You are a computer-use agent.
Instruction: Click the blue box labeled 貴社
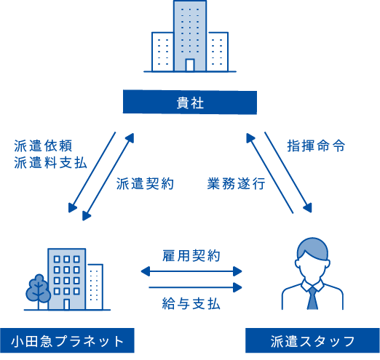(190, 102)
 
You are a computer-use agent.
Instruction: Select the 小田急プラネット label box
(67, 340)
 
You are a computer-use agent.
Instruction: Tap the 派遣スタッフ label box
(312, 340)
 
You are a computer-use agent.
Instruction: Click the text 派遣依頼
(43, 146)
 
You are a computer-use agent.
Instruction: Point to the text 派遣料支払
(50, 162)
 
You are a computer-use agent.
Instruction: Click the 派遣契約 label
(145, 183)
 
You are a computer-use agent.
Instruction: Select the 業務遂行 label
(236, 183)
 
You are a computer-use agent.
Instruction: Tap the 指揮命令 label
(316, 146)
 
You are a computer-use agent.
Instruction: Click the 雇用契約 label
(191, 256)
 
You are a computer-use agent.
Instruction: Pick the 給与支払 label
(191, 304)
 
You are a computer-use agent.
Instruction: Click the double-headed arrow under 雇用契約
(191, 271)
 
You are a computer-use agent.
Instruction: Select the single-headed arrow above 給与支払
(195, 287)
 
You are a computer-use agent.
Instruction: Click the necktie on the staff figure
(312, 299)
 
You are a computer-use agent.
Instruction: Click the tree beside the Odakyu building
(38, 291)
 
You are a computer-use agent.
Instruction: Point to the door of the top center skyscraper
(190, 65)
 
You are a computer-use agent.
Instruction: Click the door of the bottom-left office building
(66, 304)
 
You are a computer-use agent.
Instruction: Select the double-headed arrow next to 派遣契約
(108, 177)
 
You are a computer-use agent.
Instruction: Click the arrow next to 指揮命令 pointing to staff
(288, 172)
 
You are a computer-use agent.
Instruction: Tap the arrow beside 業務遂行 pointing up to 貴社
(269, 173)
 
